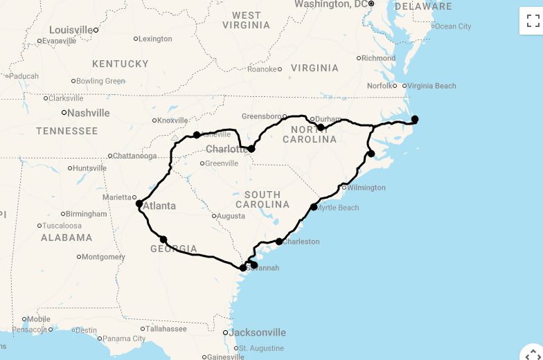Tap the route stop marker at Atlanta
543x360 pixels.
tap(139, 204)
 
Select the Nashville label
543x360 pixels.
tap(88, 113)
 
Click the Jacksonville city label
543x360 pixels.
tap(257, 332)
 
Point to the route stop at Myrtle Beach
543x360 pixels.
tap(314, 207)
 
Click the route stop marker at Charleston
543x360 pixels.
tap(279, 242)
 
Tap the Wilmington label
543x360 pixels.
tap(366, 188)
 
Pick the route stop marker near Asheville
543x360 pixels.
tap(197, 135)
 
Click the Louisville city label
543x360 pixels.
tap(71, 30)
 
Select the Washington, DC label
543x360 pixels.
tap(331, 4)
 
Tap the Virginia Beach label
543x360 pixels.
tap(431, 86)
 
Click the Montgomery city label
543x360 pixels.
tap(104, 257)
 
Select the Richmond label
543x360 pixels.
tap(378, 58)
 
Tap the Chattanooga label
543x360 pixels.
tap(134, 156)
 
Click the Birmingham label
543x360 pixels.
tap(87, 214)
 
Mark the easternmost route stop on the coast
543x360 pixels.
tap(415, 119)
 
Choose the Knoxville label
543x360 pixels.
tap(172, 120)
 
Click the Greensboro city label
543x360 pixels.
tap(261, 116)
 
